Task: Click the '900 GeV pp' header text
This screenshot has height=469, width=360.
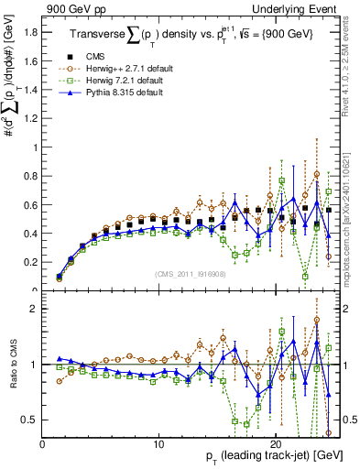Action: pos(72,8)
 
